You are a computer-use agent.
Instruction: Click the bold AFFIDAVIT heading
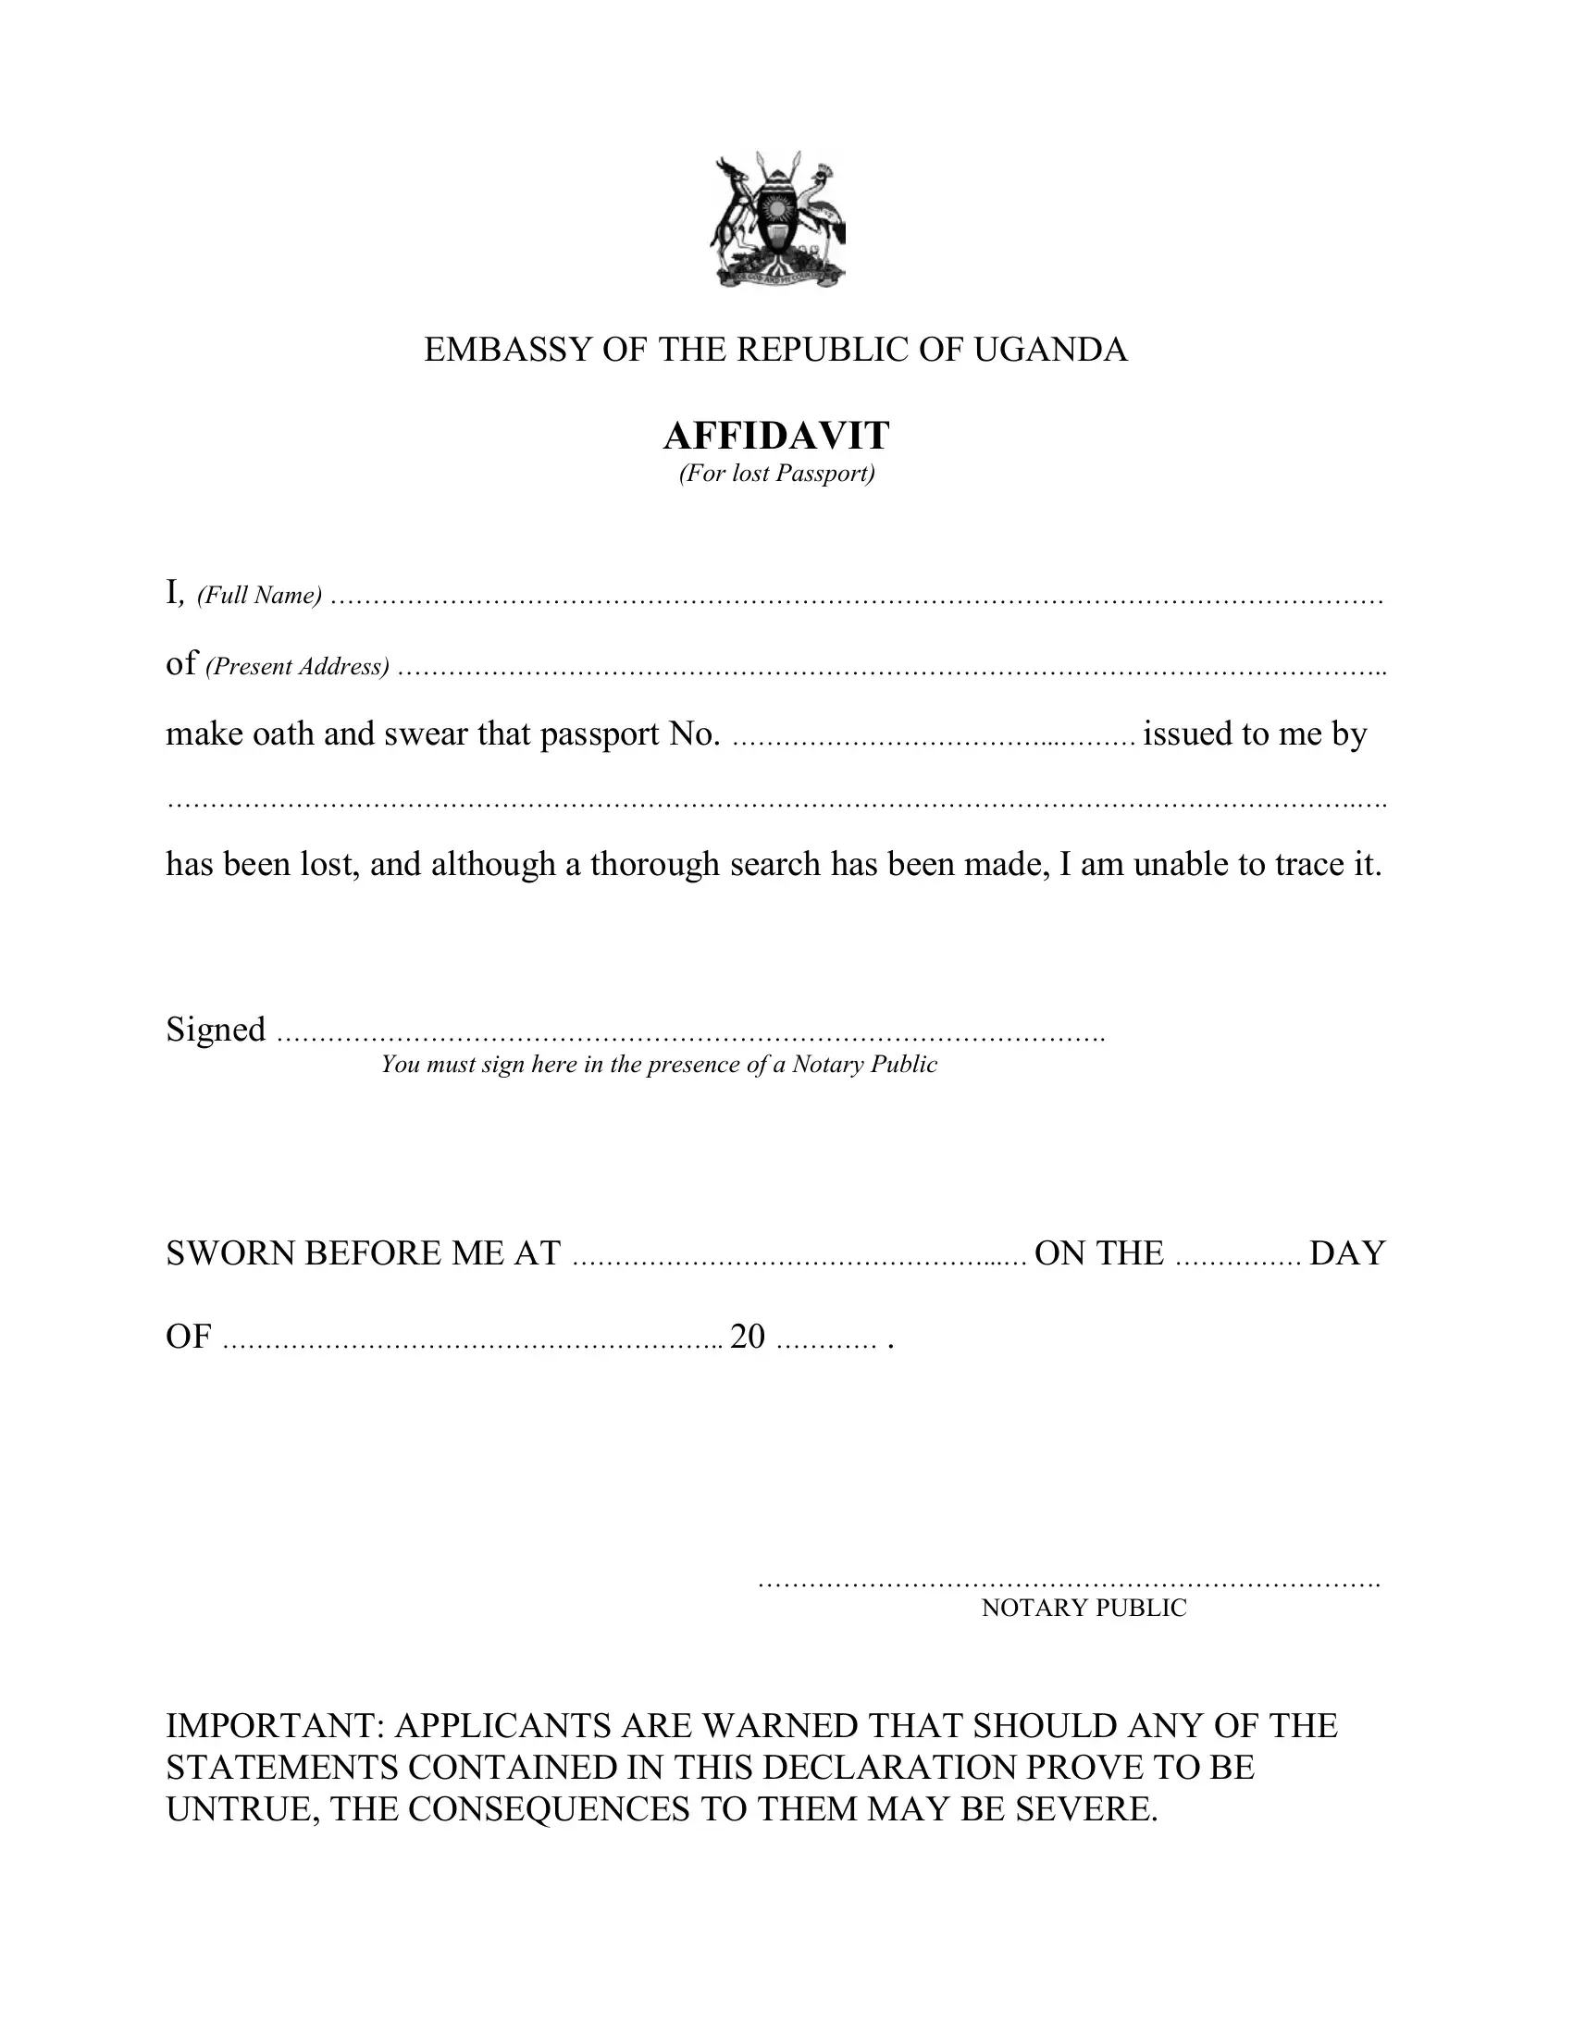(x=776, y=435)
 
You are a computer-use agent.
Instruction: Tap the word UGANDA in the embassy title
(x=1050, y=350)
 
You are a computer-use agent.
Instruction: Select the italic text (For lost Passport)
(x=776, y=474)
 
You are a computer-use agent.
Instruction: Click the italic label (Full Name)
(x=259, y=596)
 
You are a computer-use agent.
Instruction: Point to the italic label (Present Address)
(x=297, y=666)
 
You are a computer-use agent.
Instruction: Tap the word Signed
(x=216, y=1030)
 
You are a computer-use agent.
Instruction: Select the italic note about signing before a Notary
(x=658, y=1065)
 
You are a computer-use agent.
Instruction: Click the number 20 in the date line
(x=748, y=1337)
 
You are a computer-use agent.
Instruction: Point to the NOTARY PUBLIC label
(x=1084, y=1608)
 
